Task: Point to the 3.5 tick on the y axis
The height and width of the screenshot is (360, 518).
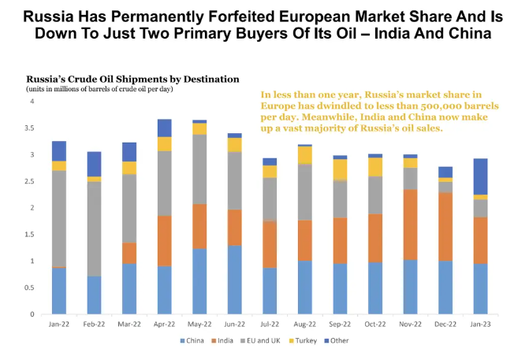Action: click(x=31, y=128)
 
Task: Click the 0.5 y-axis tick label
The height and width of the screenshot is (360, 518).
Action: click(x=31, y=288)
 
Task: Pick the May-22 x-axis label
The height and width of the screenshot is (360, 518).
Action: click(x=199, y=324)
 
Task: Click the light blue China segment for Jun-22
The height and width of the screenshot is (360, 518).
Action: click(x=236, y=280)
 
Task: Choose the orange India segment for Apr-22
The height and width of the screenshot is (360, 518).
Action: click(x=164, y=241)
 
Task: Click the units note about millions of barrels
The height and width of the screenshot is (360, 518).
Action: click(x=99, y=88)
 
